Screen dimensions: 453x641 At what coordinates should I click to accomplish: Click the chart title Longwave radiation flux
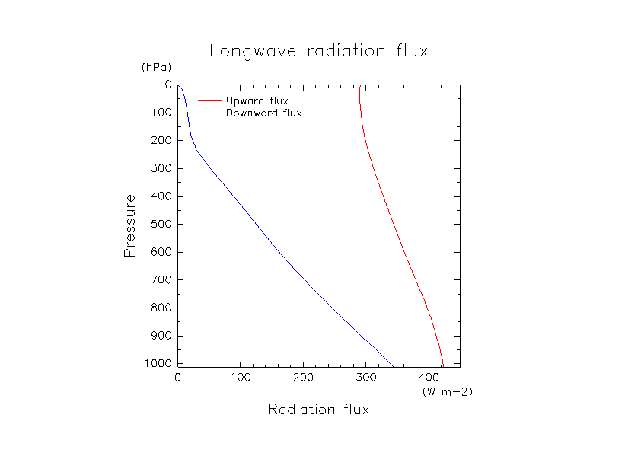pos(318,52)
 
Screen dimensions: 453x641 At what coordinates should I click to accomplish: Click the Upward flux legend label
pos(257,100)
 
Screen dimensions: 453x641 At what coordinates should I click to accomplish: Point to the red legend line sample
pos(209,100)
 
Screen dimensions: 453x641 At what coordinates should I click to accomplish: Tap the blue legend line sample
pos(209,113)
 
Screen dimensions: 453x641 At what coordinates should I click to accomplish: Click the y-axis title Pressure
pos(130,225)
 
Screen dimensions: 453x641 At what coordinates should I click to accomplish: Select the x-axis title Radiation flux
pos(318,410)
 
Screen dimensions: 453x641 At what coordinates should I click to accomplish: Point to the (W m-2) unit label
pos(447,391)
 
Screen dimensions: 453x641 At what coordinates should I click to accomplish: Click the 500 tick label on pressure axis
pos(161,225)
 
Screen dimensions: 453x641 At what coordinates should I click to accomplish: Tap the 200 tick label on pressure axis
pos(161,141)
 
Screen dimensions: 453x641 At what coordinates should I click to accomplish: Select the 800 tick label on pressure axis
pos(161,308)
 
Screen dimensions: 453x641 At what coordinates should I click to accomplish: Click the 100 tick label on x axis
pos(241,378)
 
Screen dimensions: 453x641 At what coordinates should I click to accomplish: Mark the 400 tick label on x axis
pos(429,378)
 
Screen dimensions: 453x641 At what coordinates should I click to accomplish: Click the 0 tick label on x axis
pos(178,378)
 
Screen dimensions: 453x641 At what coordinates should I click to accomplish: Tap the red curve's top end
pos(359,86)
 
